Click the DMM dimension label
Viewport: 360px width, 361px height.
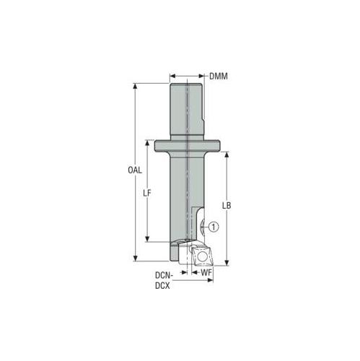tap(218, 77)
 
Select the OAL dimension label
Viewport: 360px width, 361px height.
tap(135, 170)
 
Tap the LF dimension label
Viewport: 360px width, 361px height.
tap(146, 193)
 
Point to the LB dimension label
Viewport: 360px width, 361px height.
tap(227, 205)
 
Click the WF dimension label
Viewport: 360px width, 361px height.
tap(206, 272)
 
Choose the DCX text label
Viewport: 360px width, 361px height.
tap(162, 286)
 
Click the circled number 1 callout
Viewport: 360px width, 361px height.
tap(214, 227)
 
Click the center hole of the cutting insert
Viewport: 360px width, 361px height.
tap(201, 257)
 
